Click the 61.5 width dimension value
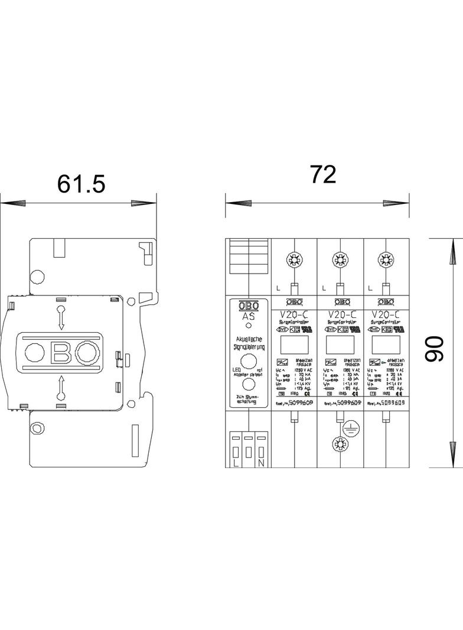[x=81, y=184]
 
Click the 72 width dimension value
[x=322, y=174]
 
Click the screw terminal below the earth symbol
[x=339, y=444]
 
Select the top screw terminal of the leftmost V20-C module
[x=293, y=259]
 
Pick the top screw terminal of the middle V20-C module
[x=339, y=259]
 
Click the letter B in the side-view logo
[x=61, y=353]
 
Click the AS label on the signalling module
[x=249, y=316]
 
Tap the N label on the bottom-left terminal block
[x=260, y=463]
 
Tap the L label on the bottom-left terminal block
[x=236, y=463]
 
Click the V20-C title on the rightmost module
[x=385, y=314]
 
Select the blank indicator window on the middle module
[x=339, y=345]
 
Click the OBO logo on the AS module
[x=249, y=306]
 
